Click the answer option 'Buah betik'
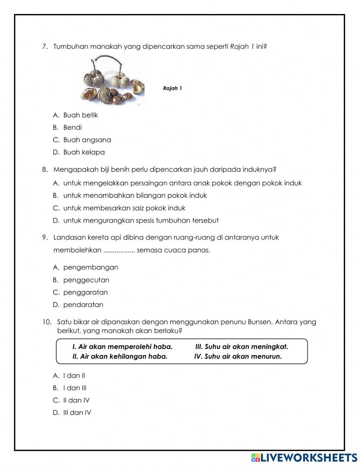[x=80, y=115]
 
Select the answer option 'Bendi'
[x=72, y=128]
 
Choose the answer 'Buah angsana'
[x=87, y=140]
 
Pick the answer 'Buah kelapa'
[x=84, y=152]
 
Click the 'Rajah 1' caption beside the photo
[x=172, y=88]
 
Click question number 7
[x=45, y=47]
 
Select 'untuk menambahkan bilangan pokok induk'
[x=135, y=196]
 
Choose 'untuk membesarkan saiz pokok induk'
[x=124, y=208]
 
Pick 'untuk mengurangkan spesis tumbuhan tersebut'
[x=141, y=220]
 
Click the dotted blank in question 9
[x=119, y=250]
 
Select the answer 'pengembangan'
[x=90, y=268]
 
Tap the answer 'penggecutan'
[x=86, y=280]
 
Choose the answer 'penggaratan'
[x=85, y=292]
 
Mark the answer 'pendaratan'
[x=83, y=305]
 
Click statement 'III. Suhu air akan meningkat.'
[x=242, y=347]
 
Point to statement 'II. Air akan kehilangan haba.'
[x=120, y=357]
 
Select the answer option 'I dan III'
[x=75, y=388]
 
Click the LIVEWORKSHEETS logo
[x=304, y=457]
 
